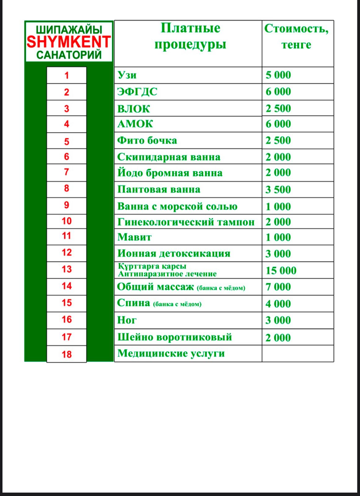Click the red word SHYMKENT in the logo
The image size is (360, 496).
pyautogui.click(x=68, y=42)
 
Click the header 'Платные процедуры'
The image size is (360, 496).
pyautogui.click(x=190, y=36)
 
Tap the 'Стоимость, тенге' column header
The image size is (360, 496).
pyautogui.click(x=296, y=36)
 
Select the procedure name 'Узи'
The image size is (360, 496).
pyautogui.click(x=127, y=75)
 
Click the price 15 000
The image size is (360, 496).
pyautogui.click(x=281, y=270)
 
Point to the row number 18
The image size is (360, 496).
pyautogui.click(x=67, y=354)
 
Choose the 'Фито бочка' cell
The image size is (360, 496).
pyautogui.click(x=147, y=140)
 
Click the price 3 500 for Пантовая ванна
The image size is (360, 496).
pyautogui.click(x=278, y=189)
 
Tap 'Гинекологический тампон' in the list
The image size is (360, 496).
pyautogui.click(x=186, y=222)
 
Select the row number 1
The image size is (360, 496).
pyautogui.click(x=67, y=75)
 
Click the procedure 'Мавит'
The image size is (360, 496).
pyautogui.click(x=134, y=237)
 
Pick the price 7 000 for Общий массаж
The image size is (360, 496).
pyautogui.click(x=278, y=287)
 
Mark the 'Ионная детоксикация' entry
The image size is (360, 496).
pyautogui.click(x=174, y=254)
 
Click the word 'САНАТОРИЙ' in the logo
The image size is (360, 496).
pyautogui.click(x=69, y=55)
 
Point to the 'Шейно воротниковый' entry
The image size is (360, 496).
pyautogui.click(x=174, y=337)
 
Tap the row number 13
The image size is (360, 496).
pyautogui.click(x=67, y=269)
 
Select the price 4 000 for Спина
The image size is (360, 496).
pyautogui.click(x=278, y=304)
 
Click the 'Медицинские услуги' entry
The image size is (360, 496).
pyautogui.click(x=171, y=353)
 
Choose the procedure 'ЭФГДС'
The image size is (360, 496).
pyautogui.click(x=137, y=92)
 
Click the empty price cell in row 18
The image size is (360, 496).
pyautogui.click(x=297, y=354)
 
